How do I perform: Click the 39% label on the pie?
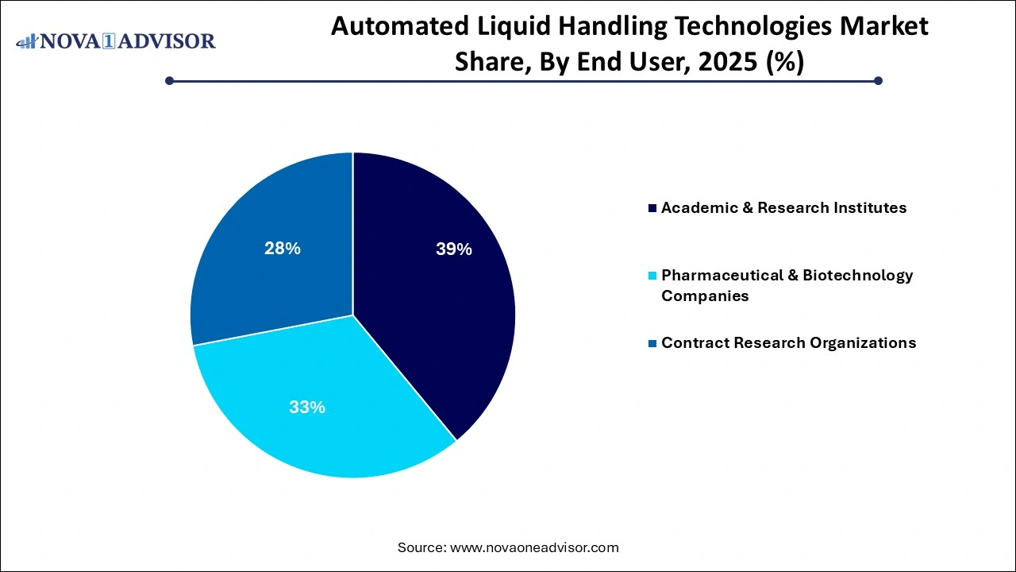[453, 249]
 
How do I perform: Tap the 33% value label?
[306, 408]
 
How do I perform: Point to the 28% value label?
[282, 249]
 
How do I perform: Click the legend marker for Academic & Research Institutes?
[652, 208]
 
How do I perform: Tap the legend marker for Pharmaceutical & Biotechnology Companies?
[652, 276]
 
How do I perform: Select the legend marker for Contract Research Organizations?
[652, 343]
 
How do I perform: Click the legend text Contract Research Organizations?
[788, 343]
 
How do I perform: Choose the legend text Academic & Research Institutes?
[783, 208]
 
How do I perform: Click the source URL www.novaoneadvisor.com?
[534, 547]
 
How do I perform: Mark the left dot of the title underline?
[169, 80]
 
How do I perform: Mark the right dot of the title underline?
[878, 80]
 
